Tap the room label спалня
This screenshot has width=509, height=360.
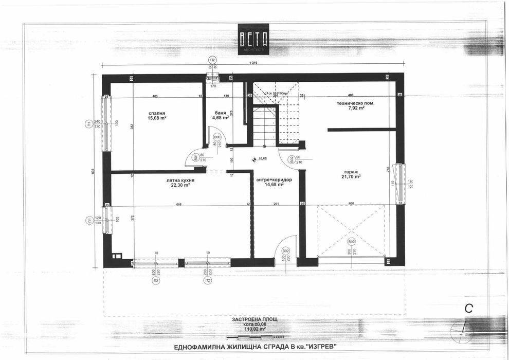157,113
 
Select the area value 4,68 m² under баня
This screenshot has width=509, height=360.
221,118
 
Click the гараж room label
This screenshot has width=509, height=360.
352,171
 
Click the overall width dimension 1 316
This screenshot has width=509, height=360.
252,63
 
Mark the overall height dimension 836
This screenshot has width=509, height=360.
93,172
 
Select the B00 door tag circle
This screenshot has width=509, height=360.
217,137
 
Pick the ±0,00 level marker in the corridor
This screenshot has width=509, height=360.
262,158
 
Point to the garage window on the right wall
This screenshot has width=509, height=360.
399,183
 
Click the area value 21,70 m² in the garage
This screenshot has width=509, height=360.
352,176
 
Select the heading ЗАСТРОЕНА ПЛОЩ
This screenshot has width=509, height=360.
254,319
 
